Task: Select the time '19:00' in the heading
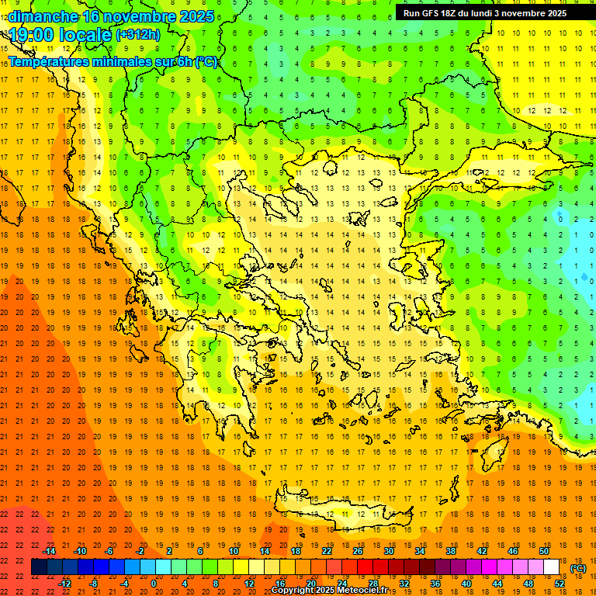pos(33,34)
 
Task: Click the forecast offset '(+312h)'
pos(138,34)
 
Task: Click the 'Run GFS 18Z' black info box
pos(485,12)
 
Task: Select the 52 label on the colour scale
pos(560,583)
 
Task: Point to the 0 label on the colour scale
pos(153,583)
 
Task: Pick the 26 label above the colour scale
pos(357,551)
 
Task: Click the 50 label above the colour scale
pos(543,551)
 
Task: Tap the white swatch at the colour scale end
pos(551,567)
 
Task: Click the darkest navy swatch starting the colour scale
pos(39,567)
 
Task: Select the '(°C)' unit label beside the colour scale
pos(578,568)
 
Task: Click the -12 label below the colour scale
pos(64,583)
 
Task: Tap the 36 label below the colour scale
pos(435,583)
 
